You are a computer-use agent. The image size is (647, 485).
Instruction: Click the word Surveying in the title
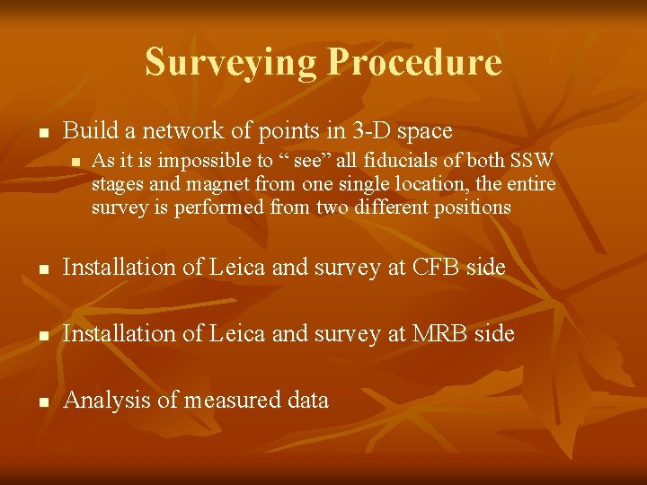point(230,63)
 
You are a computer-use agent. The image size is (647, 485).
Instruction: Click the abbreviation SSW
point(533,162)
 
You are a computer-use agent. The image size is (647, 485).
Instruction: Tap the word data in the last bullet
point(306,401)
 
